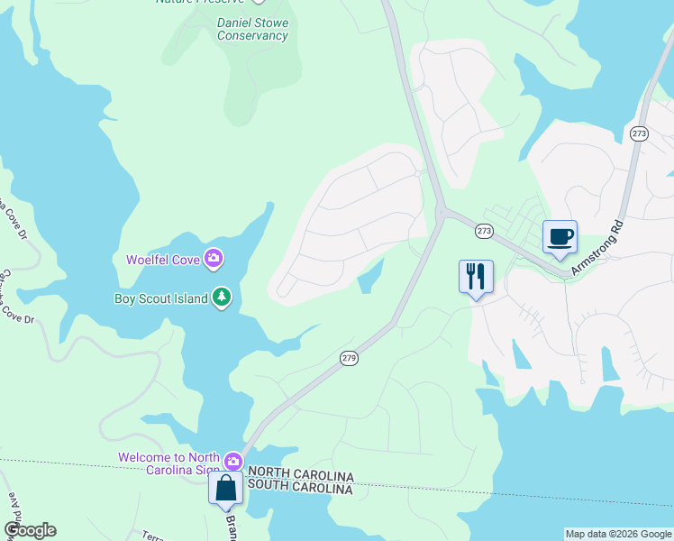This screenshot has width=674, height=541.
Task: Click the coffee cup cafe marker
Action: tap(560, 237)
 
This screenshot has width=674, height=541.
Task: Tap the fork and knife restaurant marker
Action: tap(476, 276)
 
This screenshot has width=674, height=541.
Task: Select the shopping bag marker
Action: tap(225, 490)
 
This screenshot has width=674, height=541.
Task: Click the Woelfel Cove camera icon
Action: tap(214, 260)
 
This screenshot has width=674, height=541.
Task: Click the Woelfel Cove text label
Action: tap(163, 260)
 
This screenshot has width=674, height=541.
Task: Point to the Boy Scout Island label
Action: tap(160, 298)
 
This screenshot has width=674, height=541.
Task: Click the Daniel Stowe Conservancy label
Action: tap(252, 29)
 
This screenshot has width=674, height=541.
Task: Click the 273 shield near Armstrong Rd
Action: tap(639, 133)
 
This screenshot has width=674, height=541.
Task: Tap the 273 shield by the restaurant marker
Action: tap(484, 232)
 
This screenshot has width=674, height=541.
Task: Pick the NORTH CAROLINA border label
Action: tap(301, 474)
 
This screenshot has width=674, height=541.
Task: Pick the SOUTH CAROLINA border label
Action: tap(300, 488)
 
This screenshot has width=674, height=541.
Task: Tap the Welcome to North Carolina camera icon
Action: tap(233, 461)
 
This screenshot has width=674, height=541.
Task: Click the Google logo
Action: tap(30, 530)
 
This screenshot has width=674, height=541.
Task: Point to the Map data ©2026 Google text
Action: tap(618, 534)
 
